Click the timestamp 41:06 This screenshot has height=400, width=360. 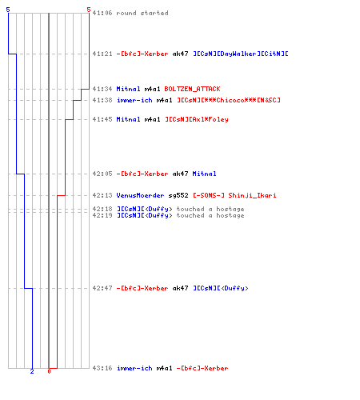102,13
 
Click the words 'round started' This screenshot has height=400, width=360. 142,13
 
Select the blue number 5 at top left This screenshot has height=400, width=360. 8,10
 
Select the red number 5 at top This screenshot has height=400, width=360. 89,10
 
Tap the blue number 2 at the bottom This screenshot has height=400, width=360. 32,371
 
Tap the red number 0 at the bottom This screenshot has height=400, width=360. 49,371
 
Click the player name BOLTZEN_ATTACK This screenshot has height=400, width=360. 192,89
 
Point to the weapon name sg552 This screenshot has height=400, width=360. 178,195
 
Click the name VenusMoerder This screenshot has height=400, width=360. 140,195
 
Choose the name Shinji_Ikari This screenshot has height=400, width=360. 252,195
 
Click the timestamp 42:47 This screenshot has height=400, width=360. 102,288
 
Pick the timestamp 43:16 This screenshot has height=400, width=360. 102,368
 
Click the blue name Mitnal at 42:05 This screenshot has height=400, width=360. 204,174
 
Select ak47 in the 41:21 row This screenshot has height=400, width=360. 180,54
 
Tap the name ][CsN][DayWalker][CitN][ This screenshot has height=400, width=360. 241,54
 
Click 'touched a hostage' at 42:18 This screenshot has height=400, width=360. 210,209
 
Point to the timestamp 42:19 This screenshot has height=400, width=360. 102,215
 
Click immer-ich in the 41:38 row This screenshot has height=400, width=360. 134,100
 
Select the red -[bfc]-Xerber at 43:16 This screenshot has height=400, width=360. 202,368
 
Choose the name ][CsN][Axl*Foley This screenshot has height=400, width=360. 197,119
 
